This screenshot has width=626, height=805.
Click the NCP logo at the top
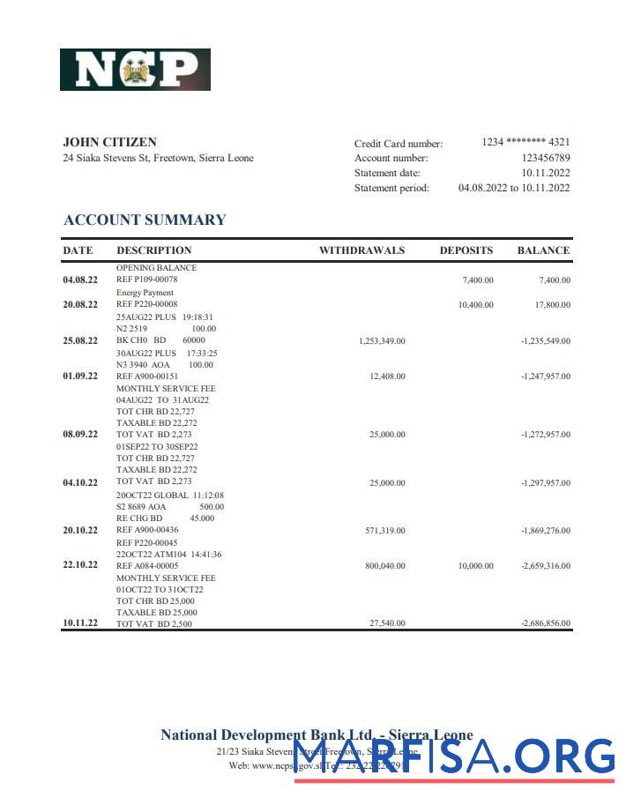click(x=135, y=70)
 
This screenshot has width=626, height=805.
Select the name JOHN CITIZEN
click(x=110, y=142)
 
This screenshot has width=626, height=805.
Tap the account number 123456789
click(x=546, y=158)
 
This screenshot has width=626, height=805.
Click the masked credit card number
click(x=525, y=142)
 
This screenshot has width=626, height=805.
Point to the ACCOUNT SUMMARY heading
click(x=145, y=220)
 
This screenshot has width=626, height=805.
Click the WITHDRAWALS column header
click(x=361, y=250)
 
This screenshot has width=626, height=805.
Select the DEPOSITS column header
click(x=466, y=250)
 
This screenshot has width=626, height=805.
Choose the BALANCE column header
click(x=543, y=250)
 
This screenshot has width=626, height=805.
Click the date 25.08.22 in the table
click(x=79, y=340)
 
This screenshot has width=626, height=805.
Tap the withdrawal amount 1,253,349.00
click(x=382, y=340)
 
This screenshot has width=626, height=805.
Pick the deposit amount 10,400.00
click(x=475, y=305)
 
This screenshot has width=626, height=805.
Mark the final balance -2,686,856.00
click(x=546, y=623)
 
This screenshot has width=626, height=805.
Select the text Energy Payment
click(x=145, y=293)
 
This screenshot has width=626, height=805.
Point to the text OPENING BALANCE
click(x=156, y=268)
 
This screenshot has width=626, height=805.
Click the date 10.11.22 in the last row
click(x=79, y=623)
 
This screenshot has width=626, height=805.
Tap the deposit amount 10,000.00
click(x=475, y=565)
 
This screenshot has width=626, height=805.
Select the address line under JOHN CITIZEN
click(x=158, y=159)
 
